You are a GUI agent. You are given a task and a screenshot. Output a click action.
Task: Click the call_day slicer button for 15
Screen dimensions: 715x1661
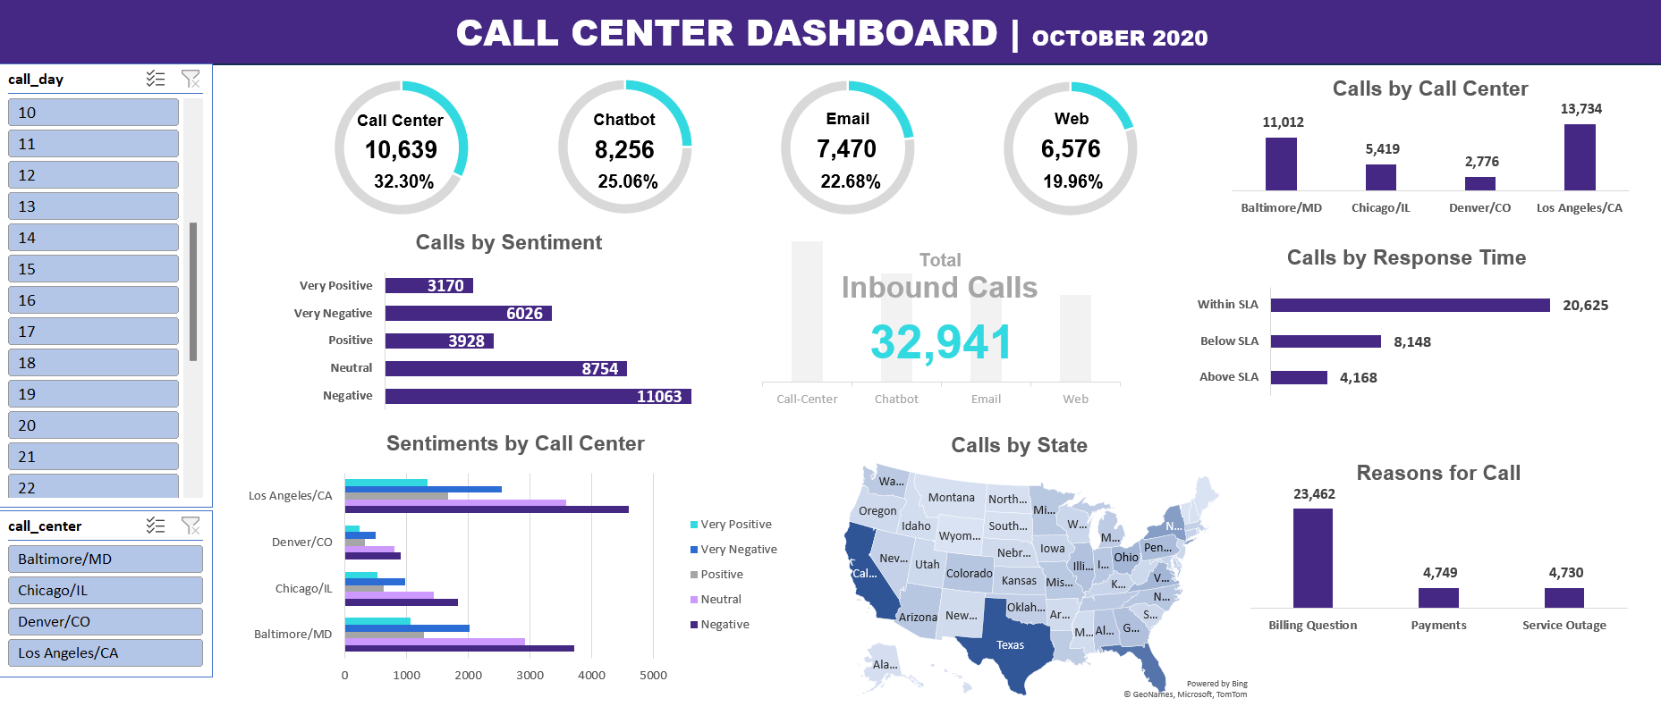coord(93,269)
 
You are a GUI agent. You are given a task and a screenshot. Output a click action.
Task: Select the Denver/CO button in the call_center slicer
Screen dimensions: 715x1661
coord(105,621)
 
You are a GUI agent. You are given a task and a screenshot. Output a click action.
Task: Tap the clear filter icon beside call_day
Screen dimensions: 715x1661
coord(191,79)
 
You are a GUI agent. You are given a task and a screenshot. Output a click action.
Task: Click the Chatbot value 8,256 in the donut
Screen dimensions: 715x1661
coord(624,149)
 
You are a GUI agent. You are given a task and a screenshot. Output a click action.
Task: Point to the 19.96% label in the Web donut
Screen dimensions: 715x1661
coord(1072,181)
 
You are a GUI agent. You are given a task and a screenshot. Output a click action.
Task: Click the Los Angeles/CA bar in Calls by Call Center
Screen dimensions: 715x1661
coord(1580,157)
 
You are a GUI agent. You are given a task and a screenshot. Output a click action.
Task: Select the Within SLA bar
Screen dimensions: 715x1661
coord(1410,305)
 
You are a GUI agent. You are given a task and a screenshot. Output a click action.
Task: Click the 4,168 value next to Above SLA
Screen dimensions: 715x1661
coord(1358,378)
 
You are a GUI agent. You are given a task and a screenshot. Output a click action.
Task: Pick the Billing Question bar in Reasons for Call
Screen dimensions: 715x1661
coord(1312,558)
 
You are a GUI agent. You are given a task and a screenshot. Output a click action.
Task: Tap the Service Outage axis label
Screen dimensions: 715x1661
coord(1564,626)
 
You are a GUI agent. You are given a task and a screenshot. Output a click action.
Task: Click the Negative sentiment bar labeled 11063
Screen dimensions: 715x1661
coord(538,396)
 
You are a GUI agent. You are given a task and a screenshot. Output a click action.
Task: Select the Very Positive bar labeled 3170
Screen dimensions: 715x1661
coord(428,286)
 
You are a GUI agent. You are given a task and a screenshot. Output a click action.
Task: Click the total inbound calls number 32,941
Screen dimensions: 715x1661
coord(941,342)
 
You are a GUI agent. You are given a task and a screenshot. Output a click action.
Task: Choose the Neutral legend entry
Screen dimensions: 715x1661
coord(720,600)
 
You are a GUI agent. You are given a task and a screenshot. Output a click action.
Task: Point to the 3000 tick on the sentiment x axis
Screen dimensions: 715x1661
coord(530,676)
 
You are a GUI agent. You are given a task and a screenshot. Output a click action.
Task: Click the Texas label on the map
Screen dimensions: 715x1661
coord(1010,645)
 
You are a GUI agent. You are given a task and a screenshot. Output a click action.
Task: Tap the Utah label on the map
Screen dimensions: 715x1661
coord(927,565)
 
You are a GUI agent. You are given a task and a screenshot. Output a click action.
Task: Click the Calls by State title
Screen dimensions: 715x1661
coord(1019,445)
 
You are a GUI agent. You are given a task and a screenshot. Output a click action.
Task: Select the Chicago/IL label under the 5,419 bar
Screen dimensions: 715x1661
coord(1380,208)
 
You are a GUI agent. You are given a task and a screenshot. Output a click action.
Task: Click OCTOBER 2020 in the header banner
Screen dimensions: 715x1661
coord(1119,38)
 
